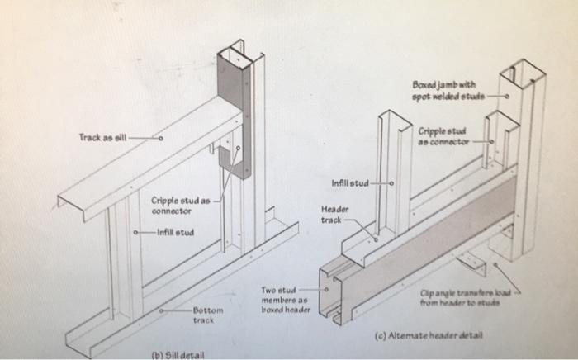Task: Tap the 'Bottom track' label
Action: [203, 314]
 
